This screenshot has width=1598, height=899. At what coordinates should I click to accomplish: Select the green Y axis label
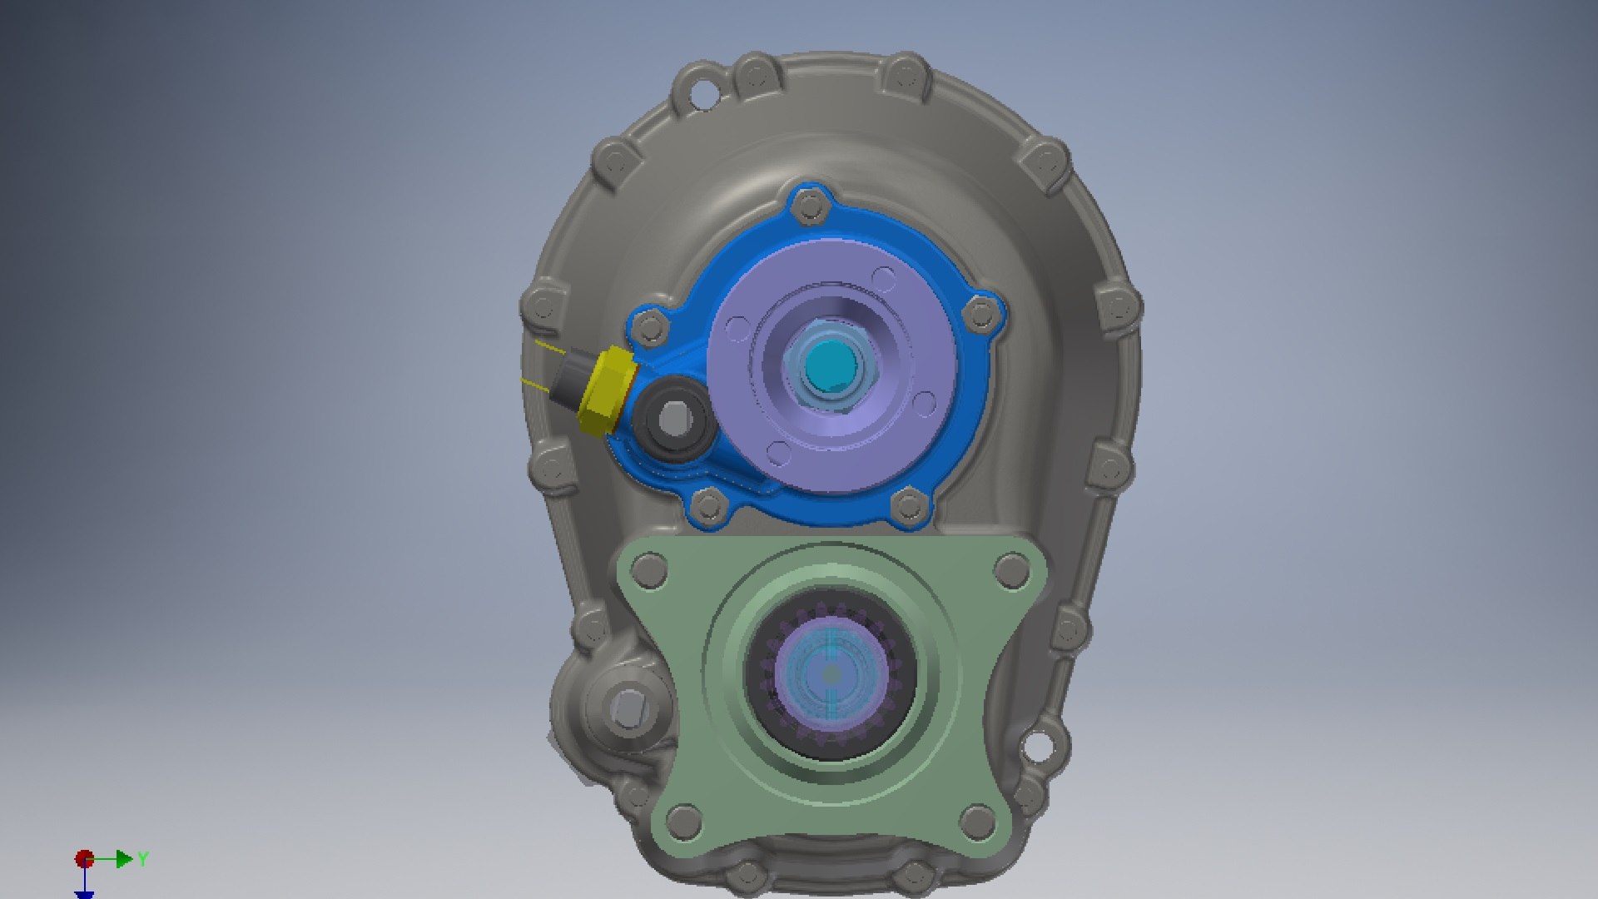(x=143, y=858)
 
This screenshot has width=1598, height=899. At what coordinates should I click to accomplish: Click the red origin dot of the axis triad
(x=84, y=858)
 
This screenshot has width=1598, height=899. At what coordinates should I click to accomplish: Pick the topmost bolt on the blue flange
(x=808, y=206)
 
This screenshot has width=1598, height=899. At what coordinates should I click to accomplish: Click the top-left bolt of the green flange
(x=649, y=573)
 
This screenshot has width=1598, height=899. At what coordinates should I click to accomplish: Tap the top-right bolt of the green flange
(x=1012, y=573)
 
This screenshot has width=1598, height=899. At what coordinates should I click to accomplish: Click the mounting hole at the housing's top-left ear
(x=704, y=92)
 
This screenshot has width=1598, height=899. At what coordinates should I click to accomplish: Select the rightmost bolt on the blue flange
(x=982, y=314)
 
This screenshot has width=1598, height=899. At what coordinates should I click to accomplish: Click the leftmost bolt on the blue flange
(x=650, y=326)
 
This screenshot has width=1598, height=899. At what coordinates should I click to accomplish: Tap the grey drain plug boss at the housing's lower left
(x=625, y=708)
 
